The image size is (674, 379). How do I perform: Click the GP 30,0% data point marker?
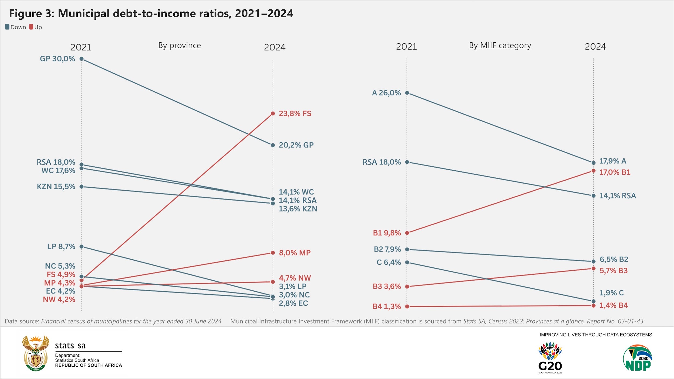click(81, 59)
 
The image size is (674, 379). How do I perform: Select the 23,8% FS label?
click(295, 113)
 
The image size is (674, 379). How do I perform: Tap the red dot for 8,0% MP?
click(273, 253)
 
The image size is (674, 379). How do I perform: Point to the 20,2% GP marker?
click(273, 145)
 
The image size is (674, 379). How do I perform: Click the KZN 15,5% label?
click(56, 187)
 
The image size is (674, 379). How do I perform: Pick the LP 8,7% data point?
click(81, 247)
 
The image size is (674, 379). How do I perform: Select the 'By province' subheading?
click(180, 45)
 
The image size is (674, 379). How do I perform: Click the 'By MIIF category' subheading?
click(500, 45)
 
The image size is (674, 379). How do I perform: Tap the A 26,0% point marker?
click(407, 93)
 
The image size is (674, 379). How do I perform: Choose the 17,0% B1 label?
click(615, 172)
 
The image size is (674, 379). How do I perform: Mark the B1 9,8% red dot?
click(407, 233)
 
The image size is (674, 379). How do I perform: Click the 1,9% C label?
click(611, 293)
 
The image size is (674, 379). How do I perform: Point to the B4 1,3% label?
click(387, 306)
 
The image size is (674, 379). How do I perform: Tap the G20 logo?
click(550, 357)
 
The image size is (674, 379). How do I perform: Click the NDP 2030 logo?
click(638, 358)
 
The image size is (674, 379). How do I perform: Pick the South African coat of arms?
click(36, 353)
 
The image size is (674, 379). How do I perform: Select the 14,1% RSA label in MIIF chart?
click(617, 196)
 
